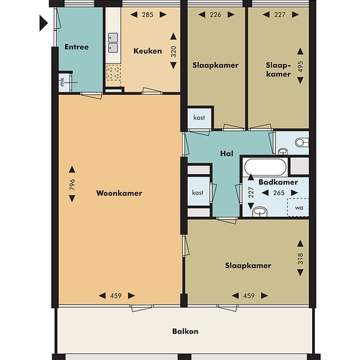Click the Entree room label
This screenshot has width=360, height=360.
[77, 47]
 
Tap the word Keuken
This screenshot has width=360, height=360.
[148, 51]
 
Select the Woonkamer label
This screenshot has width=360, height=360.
[119, 193]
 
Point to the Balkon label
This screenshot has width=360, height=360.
[185, 331]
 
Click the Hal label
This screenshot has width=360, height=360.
[226, 154]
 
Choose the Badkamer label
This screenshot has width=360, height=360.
[278, 183]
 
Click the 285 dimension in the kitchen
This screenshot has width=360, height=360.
[147, 14]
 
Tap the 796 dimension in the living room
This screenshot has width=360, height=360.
[72, 185]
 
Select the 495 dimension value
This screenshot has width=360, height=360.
[300, 67]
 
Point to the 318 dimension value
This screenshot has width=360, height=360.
[300, 259]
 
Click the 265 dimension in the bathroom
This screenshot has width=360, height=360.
[279, 193]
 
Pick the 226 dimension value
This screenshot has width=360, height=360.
[215, 14]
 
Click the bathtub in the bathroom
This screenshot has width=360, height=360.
[265, 167]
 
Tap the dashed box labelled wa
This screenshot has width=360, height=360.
[298, 207]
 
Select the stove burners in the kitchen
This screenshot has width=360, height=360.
[113, 72]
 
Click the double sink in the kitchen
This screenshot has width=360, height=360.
[113, 43]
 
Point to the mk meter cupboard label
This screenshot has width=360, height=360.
[62, 82]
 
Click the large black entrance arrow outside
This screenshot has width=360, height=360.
[43, 23]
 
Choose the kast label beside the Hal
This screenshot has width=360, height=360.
[198, 192]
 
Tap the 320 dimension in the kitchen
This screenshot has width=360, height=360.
[173, 52]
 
